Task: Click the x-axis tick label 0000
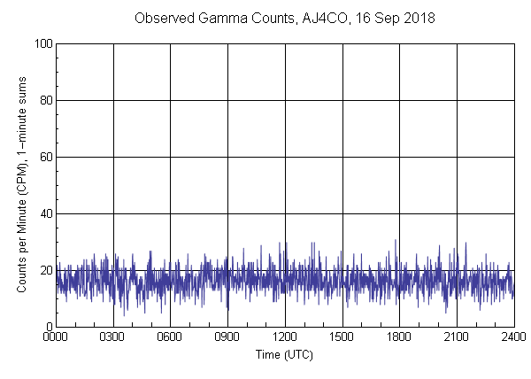(56, 337)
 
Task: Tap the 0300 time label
(113, 337)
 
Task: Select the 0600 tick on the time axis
(171, 337)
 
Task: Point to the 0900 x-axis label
(228, 337)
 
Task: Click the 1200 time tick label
(285, 337)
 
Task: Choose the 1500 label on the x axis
(342, 337)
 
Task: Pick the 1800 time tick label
(400, 337)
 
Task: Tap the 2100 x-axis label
(457, 337)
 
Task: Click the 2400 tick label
(514, 337)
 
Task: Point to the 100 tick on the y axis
(42, 43)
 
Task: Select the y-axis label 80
(44, 100)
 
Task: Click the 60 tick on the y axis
(44, 157)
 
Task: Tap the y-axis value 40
(44, 213)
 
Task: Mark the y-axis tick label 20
(44, 270)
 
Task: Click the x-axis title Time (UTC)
(285, 354)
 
